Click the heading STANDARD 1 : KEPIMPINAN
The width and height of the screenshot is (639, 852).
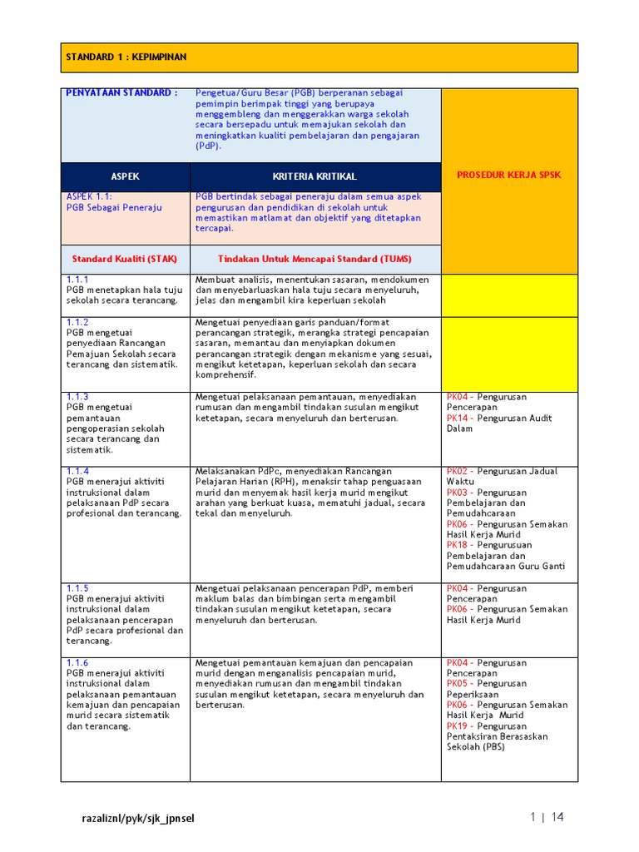point(126,57)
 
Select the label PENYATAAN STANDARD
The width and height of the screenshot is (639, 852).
point(121,92)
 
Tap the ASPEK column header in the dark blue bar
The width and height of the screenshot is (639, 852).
point(126,177)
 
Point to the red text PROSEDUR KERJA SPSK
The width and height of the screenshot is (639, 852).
point(508,176)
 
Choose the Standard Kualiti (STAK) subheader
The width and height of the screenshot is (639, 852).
point(125,259)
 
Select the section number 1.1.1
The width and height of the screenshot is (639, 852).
point(77,280)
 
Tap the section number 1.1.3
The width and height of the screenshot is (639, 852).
point(77,397)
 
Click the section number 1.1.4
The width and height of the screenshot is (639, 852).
point(77,471)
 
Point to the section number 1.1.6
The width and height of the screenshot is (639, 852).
point(77,663)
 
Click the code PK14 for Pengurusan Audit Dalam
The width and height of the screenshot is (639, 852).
point(458,419)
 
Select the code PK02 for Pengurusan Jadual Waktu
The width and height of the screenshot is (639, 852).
point(458,472)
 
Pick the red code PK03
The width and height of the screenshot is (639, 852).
point(458,493)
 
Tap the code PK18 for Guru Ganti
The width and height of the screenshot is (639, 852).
point(458,545)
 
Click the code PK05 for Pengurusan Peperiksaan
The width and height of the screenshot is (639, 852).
point(458,684)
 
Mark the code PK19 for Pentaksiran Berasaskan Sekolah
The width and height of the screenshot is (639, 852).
point(458,726)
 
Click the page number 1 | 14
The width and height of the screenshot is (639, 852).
point(547,817)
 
